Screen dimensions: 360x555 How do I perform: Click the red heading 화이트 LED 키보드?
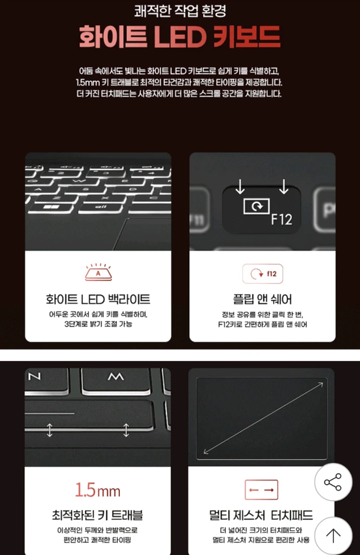(x=180, y=36)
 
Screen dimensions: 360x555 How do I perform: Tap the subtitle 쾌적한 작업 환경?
(x=180, y=11)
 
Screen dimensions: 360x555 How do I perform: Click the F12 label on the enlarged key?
(x=282, y=220)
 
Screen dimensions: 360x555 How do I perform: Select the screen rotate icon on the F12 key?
(x=256, y=206)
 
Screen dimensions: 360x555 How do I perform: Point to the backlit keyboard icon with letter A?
(x=98, y=272)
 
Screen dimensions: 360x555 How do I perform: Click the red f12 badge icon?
(x=262, y=274)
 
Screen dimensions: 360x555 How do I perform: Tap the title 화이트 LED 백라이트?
(x=98, y=299)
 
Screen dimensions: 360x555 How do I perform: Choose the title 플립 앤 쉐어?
(x=262, y=299)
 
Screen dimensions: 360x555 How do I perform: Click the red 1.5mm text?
(x=98, y=490)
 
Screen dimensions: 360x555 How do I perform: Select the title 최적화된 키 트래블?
(x=98, y=515)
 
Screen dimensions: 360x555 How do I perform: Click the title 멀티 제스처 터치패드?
(x=261, y=515)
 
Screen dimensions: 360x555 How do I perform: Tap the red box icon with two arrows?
(x=261, y=490)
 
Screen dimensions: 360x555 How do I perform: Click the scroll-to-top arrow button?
(x=333, y=535)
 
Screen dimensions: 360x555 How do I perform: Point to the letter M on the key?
(x=115, y=377)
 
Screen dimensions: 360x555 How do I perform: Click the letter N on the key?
(x=34, y=376)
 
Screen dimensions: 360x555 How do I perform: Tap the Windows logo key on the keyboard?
(x=52, y=207)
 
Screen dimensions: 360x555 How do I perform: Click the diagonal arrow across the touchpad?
(x=263, y=418)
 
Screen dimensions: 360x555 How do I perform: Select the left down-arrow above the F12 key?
(x=240, y=186)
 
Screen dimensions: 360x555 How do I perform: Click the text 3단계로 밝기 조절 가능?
(x=98, y=324)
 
